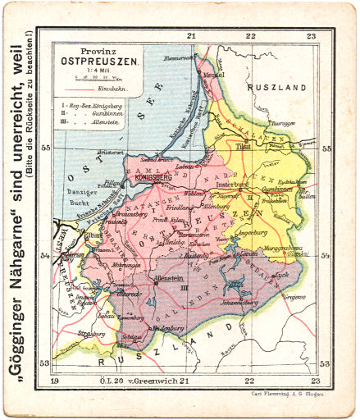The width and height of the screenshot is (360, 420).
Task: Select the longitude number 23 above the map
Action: point(312,36)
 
